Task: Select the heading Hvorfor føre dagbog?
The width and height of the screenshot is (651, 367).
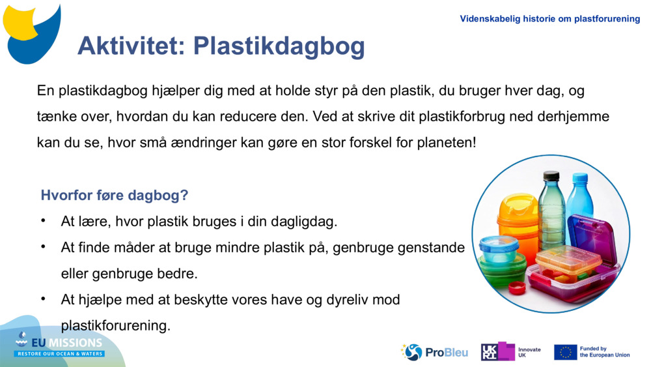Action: point(115,195)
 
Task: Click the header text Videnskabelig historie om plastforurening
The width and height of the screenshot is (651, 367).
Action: point(549,19)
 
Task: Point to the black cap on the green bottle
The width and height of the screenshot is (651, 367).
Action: point(551,176)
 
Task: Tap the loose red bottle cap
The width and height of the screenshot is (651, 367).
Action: point(517,287)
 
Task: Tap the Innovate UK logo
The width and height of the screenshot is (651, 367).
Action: point(510,352)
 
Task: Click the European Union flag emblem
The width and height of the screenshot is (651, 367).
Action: point(565,352)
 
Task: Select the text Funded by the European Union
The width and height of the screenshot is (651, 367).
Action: point(604,352)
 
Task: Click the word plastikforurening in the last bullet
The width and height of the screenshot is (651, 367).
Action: point(115,325)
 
